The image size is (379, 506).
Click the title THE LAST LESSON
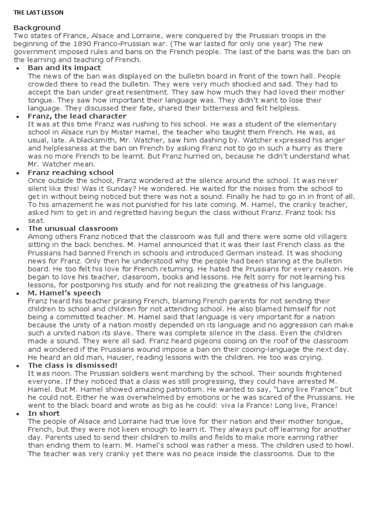click(x=38, y=12)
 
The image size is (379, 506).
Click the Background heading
click(x=37, y=28)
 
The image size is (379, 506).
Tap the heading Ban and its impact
click(x=64, y=68)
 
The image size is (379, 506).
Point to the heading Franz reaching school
click(x=71, y=172)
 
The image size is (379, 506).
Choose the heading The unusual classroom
click(x=73, y=229)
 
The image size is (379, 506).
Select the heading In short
click(x=43, y=413)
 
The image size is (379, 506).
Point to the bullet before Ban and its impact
click(x=18, y=68)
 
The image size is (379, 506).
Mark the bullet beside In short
click(x=18, y=414)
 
